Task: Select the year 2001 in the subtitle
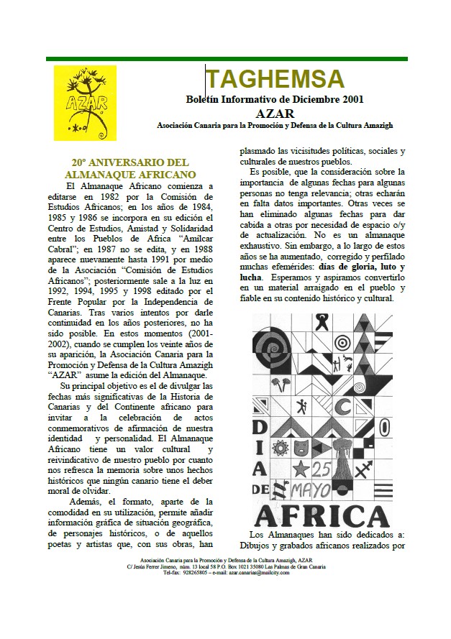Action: pyautogui.click(x=350, y=100)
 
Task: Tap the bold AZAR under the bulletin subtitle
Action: pyautogui.click(x=275, y=113)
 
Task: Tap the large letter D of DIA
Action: pyautogui.click(x=265, y=404)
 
